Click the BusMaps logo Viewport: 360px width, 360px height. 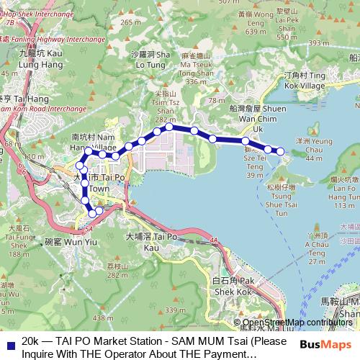point(332,344)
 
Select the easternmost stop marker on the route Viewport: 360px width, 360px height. point(280,151)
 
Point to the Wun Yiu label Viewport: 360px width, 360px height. point(63,243)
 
